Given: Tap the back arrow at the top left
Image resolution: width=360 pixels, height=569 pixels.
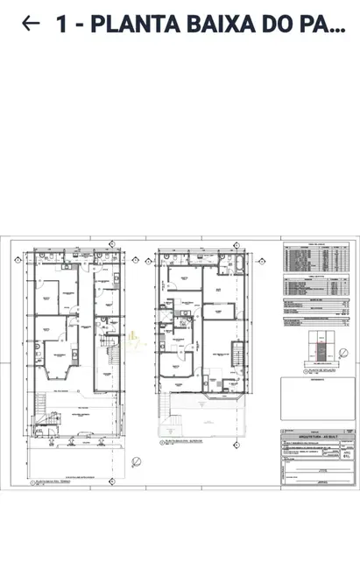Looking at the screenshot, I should [x=31, y=24].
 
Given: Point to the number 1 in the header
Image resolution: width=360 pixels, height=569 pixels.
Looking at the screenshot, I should [x=61, y=25].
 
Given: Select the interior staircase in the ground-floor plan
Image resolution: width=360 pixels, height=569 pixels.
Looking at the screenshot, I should [x=110, y=356].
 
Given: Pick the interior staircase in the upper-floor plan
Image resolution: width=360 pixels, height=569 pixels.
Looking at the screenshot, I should [x=236, y=355].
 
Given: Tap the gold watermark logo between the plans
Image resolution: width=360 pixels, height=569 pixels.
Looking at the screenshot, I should [x=133, y=341].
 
